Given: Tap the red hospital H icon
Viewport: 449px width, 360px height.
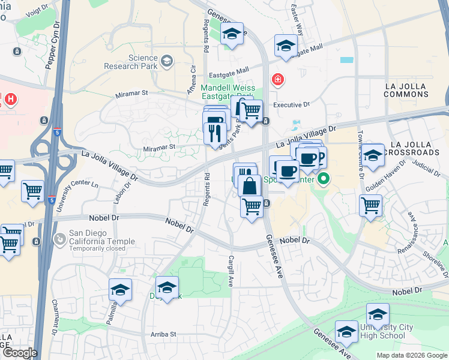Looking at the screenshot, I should tap(10, 98).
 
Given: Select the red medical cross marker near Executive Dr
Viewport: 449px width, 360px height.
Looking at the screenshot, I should tap(277, 79).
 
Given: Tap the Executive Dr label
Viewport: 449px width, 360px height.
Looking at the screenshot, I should tap(291, 104).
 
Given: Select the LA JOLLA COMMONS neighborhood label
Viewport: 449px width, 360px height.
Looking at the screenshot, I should tap(414, 91).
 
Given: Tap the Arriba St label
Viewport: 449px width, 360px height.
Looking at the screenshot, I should tap(160, 334).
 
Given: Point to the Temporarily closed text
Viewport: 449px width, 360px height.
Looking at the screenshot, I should tap(97, 248).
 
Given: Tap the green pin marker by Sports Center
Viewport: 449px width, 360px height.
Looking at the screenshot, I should tap(324, 178).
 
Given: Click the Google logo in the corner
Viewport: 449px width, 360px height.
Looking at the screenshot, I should tap(19, 352).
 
